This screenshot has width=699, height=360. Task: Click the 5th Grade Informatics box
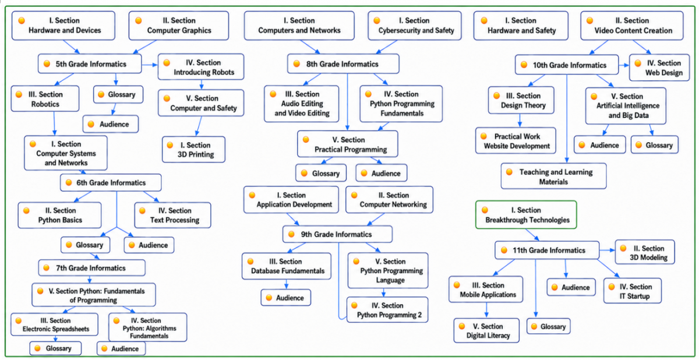[90, 64]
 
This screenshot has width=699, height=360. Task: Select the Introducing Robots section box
[201, 67]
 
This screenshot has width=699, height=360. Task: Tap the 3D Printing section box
[194, 150]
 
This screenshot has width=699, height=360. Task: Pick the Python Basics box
[59, 216]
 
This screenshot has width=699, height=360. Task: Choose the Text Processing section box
[172, 216]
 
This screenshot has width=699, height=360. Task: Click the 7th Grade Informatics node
[92, 268]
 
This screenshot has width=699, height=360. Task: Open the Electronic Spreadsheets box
[55, 324]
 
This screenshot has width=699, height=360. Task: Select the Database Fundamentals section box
[287, 266]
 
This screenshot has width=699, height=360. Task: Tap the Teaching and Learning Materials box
[554, 177]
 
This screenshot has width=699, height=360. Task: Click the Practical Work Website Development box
[516, 141]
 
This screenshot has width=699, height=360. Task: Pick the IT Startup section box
[633, 291]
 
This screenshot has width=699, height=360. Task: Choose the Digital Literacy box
[486, 331]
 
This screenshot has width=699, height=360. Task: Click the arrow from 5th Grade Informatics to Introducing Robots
[150, 65]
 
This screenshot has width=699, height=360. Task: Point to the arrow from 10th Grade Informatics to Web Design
[624, 65]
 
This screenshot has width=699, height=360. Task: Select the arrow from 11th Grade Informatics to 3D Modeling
[607, 250]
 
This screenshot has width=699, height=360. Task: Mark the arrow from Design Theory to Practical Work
[520, 121]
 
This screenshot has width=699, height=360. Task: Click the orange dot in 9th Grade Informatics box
[291, 234]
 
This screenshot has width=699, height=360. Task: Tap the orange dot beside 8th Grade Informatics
[296, 64]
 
